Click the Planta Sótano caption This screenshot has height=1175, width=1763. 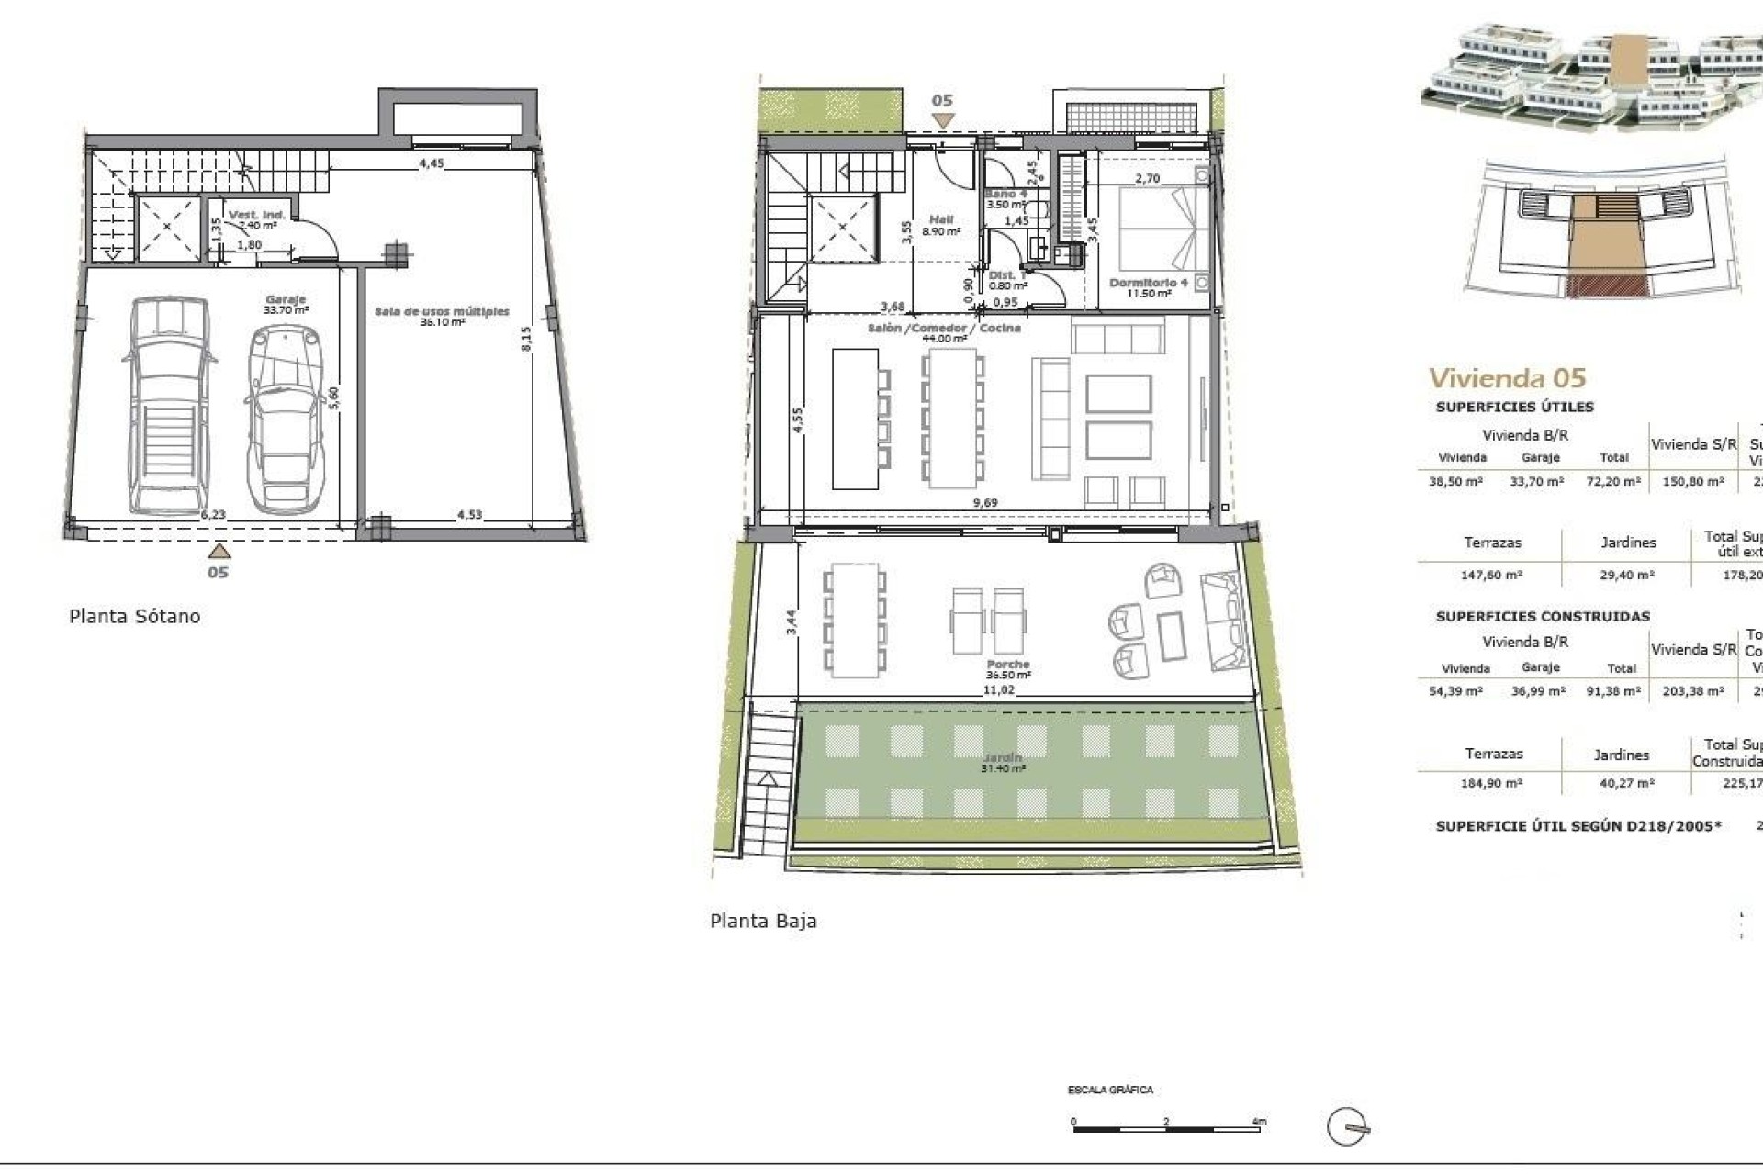[135, 616]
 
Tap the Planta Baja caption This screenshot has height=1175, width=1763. [763, 921]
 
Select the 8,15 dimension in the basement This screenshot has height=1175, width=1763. [526, 338]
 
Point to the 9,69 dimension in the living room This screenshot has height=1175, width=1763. [985, 502]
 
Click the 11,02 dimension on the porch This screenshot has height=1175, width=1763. [998, 689]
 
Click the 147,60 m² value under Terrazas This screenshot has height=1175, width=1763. [1491, 575]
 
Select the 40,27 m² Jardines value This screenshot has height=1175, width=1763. [1623, 783]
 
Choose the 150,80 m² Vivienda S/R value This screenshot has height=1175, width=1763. [1693, 481]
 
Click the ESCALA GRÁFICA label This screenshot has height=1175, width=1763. [1110, 1090]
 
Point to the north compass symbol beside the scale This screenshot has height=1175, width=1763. [1348, 1126]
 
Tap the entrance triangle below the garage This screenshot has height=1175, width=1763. [218, 551]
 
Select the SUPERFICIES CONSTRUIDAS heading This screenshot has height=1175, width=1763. [1543, 617]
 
